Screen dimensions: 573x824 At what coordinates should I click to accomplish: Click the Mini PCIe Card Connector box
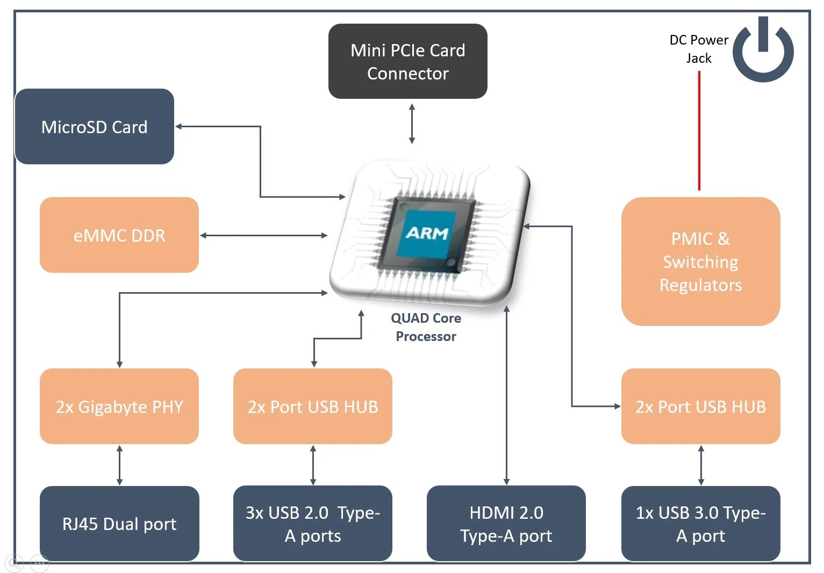(407, 61)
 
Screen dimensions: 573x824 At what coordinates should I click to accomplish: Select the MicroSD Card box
(94, 127)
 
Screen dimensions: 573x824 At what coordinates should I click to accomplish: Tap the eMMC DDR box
(119, 235)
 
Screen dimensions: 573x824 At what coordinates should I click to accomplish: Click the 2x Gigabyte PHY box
(119, 407)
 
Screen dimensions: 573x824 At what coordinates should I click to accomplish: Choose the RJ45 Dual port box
(119, 524)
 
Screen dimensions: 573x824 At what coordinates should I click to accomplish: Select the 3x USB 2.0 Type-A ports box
(313, 524)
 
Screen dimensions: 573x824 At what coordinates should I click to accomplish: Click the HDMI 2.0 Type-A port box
(506, 524)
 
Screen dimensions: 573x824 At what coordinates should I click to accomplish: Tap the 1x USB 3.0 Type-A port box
(700, 524)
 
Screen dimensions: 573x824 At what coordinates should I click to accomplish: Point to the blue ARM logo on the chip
(427, 233)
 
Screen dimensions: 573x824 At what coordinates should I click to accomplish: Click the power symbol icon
(763, 50)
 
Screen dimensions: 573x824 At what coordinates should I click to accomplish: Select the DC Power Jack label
(699, 49)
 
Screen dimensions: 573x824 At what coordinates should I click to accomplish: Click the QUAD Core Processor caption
(426, 327)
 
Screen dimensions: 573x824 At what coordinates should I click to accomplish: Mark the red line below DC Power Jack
(699, 131)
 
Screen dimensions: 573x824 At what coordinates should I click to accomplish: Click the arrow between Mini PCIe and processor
(412, 124)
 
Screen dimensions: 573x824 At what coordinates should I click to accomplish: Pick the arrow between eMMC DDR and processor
(263, 235)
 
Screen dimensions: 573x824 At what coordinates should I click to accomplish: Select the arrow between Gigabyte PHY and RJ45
(119, 465)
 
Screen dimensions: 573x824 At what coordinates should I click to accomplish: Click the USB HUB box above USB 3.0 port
(700, 407)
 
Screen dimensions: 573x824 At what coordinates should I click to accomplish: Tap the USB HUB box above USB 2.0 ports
(313, 407)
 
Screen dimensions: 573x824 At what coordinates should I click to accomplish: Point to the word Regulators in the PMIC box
(700, 285)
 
